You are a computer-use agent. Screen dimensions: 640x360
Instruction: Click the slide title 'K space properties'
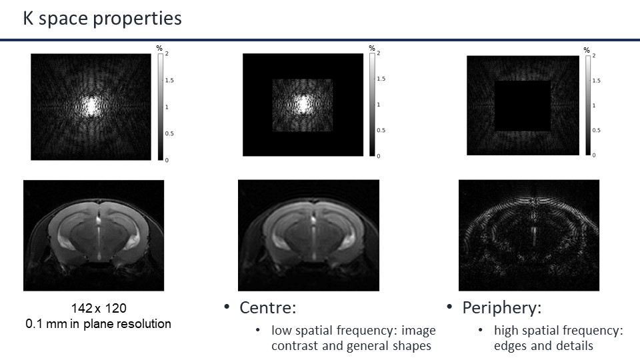click(x=103, y=19)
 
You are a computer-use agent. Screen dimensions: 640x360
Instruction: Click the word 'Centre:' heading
click(x=267, y=308)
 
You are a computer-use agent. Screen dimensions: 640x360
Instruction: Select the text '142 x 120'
click(x=98, y=309)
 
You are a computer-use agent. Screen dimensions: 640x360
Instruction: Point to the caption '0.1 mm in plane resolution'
click(x=98, y=324)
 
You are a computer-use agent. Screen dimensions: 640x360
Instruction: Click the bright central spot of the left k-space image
click(x=91, y=105)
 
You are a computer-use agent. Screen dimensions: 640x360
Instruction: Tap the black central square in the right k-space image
click(x=522, y=105)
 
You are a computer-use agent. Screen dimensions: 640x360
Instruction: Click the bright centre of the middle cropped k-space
click(x=303, y=103)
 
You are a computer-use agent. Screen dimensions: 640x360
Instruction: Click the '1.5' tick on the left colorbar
click(x=170, y=80)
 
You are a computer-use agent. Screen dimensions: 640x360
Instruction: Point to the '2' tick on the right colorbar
click(x=594, y=56)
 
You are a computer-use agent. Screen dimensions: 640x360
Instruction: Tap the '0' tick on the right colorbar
click(x=594, y=155)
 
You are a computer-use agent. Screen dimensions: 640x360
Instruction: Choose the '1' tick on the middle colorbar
click(x=379, y=105)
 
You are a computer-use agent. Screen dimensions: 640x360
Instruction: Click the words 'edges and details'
click(x=543, y=345)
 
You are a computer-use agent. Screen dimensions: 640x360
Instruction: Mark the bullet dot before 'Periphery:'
click(x=450, y=307)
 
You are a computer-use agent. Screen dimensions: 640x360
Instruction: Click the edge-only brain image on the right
click(x=529, y=235)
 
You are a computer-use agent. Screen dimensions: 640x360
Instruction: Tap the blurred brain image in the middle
click(x=309, y=235)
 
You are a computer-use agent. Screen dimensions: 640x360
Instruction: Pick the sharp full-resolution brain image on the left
click(x=94, y=235)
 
